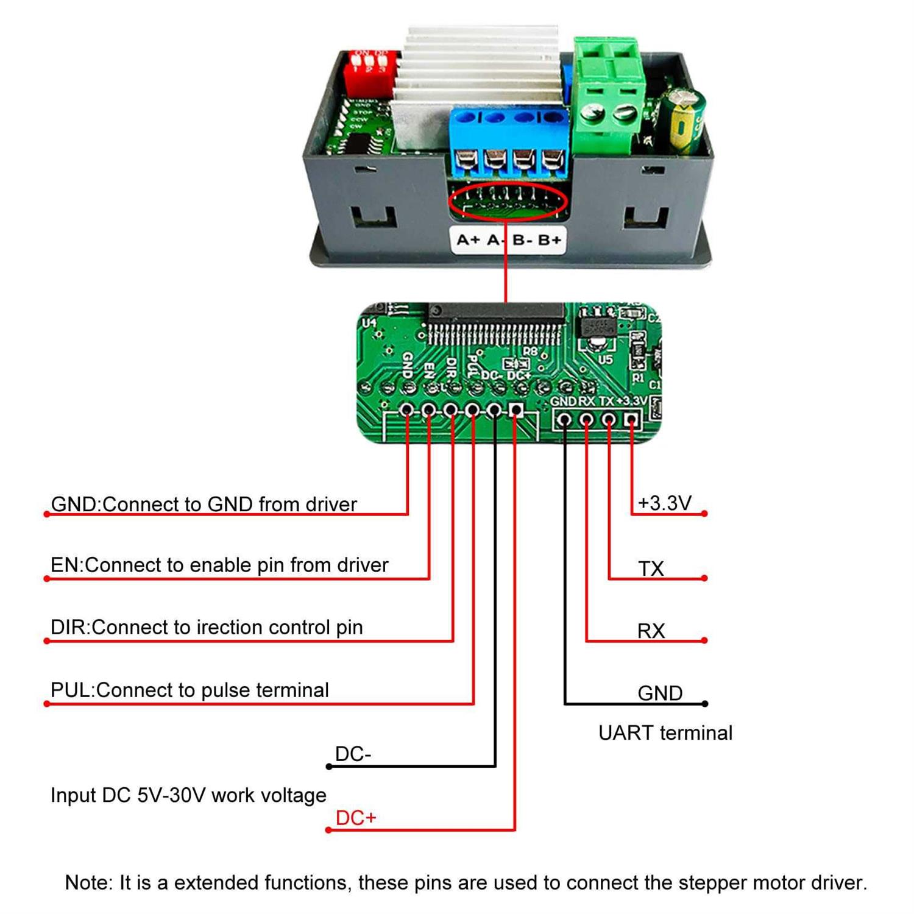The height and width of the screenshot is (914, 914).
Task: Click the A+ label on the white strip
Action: (468, 240)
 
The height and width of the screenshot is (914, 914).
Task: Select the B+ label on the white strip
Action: (549, 240)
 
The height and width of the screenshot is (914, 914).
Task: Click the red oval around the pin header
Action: (508, 201)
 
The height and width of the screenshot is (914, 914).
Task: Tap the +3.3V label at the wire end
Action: (664, 503)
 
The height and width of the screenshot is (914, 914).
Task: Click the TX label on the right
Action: (651, 569)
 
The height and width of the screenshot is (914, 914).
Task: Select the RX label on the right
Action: (651, 631)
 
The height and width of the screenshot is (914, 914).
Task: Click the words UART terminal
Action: (665, 733)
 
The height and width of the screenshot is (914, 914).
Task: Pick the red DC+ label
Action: (356, 818)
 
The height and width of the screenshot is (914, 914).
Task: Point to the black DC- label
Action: (353, 754)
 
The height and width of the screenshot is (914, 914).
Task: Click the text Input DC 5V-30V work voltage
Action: (188, 795)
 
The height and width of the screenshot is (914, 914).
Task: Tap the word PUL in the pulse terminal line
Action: (71, 690)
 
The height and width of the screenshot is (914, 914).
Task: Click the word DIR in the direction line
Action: (69, 628)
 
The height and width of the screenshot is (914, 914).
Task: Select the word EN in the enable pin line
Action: (65, 565)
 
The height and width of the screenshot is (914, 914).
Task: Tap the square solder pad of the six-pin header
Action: (516, 410)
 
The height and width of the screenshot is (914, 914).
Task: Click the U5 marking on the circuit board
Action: (605, 360)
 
